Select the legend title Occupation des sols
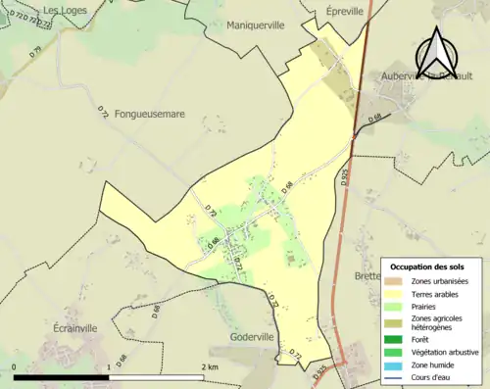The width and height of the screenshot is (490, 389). (x=430, y=267)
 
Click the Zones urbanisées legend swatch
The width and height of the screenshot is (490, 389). (x=394, y=282)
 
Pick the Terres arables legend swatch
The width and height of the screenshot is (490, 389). (x=394, y=293)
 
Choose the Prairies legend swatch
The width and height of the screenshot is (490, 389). (x=394, y=306)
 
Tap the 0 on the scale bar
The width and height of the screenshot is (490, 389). (x=15, y=366)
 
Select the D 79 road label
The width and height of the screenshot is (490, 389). (x=37, y=52)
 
